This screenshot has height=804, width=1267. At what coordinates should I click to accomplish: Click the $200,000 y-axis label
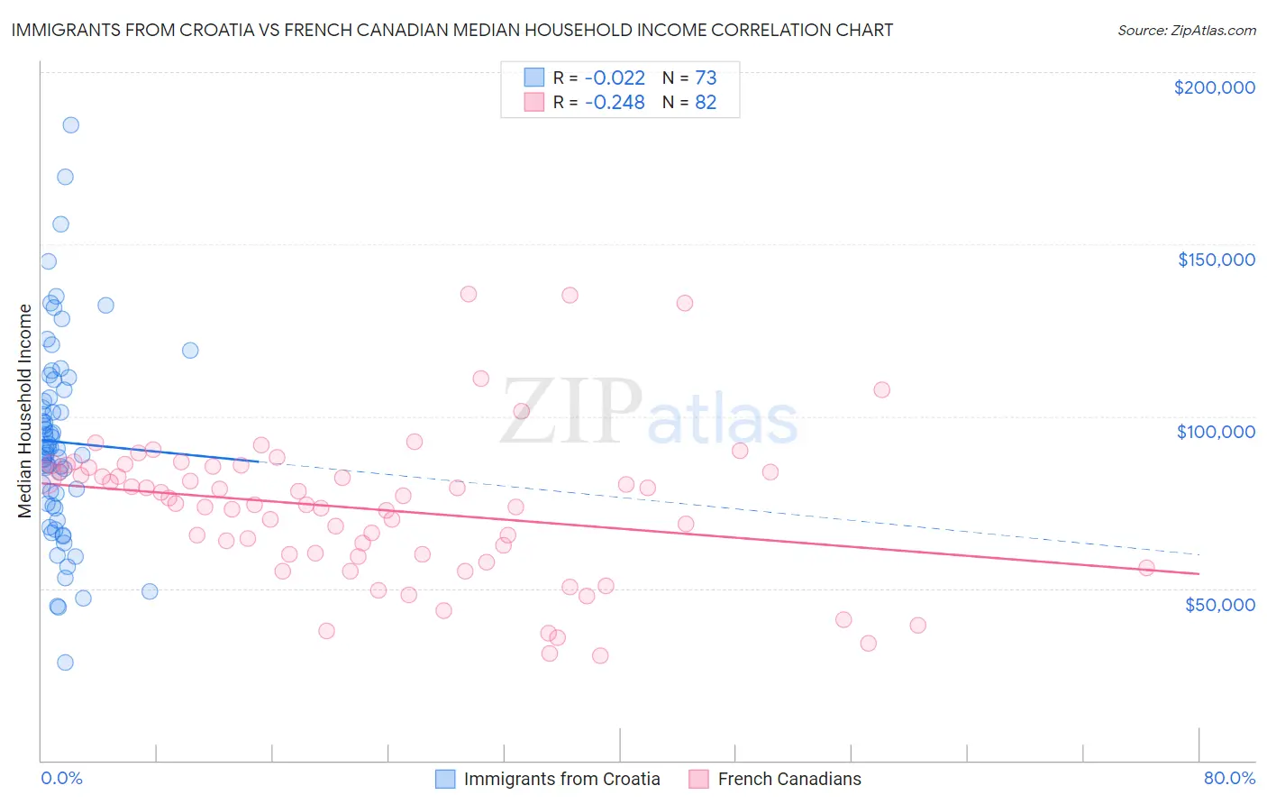[x=1214, y=87]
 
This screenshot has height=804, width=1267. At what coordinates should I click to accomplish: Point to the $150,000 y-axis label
[x=1216, y=260]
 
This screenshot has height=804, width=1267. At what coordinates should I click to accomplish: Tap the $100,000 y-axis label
[x=1216, y=432]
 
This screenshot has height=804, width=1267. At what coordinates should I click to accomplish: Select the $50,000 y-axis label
[x=1219, y=604]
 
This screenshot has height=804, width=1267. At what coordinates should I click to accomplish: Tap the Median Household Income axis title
[x=25, y=411]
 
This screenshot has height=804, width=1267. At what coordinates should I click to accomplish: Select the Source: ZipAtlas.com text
[x=1186, y=30]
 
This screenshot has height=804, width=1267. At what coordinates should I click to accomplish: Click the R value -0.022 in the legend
[x=615, y=78]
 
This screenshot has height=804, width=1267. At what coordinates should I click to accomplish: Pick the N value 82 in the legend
[x=706, y=102]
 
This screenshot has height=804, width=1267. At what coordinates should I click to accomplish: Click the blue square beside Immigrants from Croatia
[x=445, y=779]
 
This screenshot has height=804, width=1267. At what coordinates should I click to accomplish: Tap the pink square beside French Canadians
[x=699, y=779]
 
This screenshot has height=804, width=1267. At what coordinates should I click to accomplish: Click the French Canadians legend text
[x=789, y=779]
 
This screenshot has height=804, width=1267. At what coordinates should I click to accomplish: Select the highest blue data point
[x=70, y=125]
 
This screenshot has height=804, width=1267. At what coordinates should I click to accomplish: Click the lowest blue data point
[x=65, y=662]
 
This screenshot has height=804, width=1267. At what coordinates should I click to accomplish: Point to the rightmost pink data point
[x=1146, y=568]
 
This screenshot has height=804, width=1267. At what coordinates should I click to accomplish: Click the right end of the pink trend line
[x=1199, y=573]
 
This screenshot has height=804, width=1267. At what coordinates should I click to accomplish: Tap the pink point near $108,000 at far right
[x=881, y=389]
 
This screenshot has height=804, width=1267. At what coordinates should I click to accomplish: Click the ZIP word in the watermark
[x=571, y=412]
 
